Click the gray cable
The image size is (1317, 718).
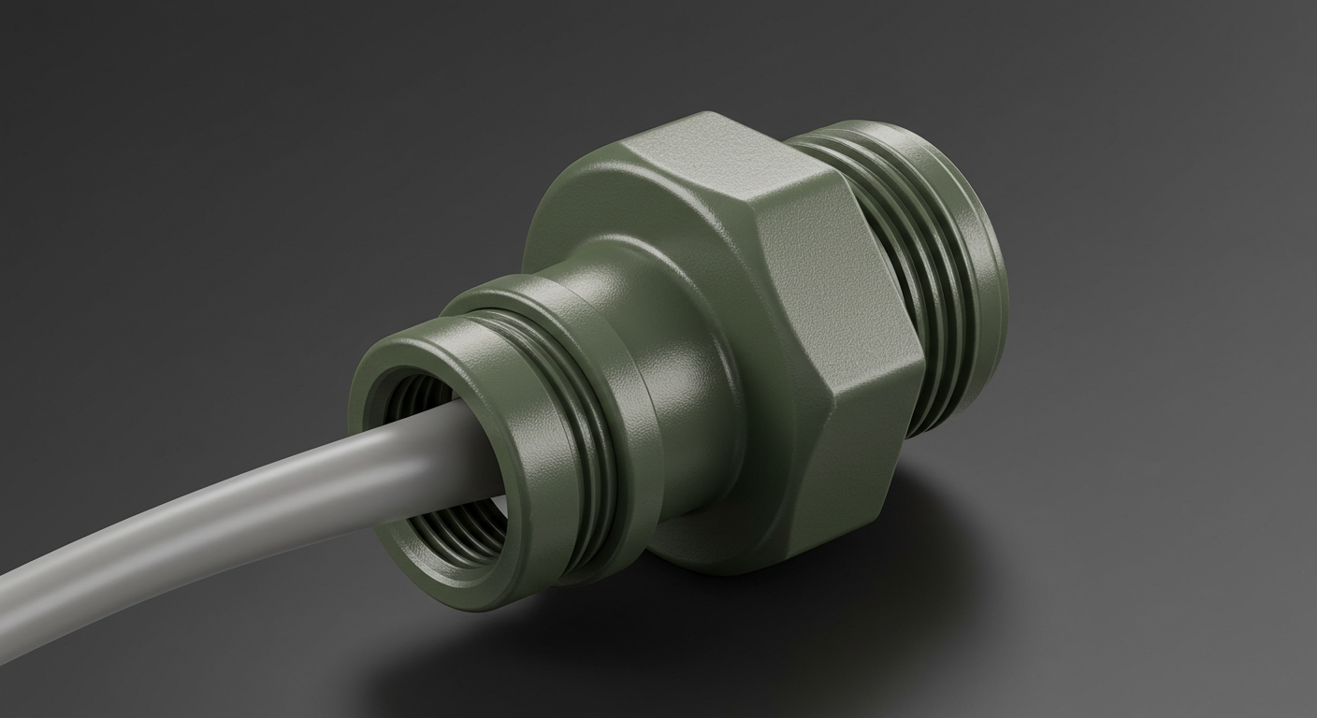[234, 505]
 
